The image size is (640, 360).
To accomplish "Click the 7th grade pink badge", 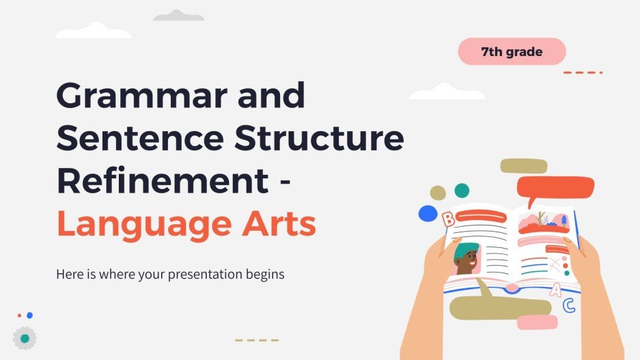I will (512, 52).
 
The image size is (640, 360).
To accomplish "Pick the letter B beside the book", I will (448, 219).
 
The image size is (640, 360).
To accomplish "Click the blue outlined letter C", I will (568, 306).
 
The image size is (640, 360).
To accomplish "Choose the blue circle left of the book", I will (428, 213).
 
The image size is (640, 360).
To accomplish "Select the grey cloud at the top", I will (178, 16).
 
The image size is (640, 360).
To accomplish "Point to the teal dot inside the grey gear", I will (25, 338).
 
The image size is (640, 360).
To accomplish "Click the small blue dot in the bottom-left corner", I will (29, 316).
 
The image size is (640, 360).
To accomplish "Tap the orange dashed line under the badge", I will (582, 72).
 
